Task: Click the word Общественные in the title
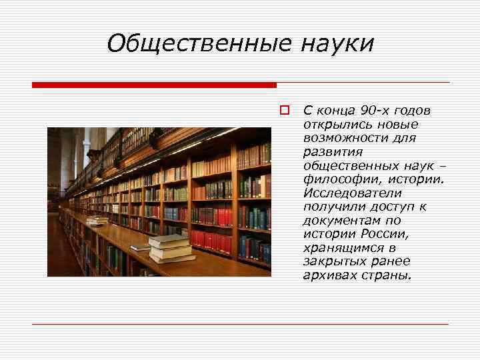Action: click(199, 44)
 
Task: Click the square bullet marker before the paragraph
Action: click(284, 109)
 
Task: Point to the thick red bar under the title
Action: click(154, 85)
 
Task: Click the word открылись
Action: click(330, 124)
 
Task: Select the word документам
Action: click(337, 220)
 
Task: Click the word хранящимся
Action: click(337, 247)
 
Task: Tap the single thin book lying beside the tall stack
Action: click(141, 247)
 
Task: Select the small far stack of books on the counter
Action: click(97, 220)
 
